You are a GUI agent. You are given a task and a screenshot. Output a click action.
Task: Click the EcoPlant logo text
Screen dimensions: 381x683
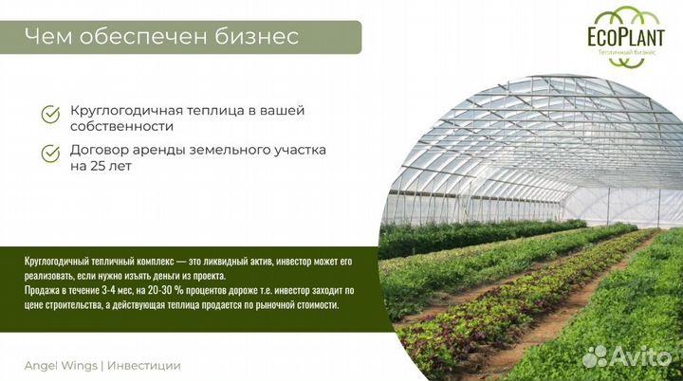coord(621,40)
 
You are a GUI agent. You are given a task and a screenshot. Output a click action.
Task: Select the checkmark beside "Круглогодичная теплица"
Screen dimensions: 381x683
coord(50,116)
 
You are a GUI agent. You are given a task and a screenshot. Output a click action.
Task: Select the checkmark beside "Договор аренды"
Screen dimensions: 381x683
coord(50,153)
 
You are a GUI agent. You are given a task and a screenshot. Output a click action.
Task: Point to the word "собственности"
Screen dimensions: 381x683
coord(121,126)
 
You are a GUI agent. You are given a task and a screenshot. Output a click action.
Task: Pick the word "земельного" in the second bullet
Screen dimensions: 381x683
coord(226,150)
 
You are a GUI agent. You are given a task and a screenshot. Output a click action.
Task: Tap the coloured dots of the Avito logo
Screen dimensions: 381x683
coord(596,356)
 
